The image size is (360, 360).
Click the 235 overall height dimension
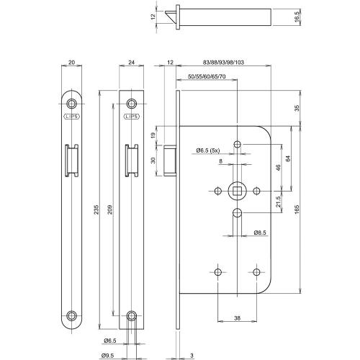coord(96,210)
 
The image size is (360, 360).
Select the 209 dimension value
coord(109,210)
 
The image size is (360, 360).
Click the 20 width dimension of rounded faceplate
coord(71,63)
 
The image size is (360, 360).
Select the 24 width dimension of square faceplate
coord(131,63)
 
